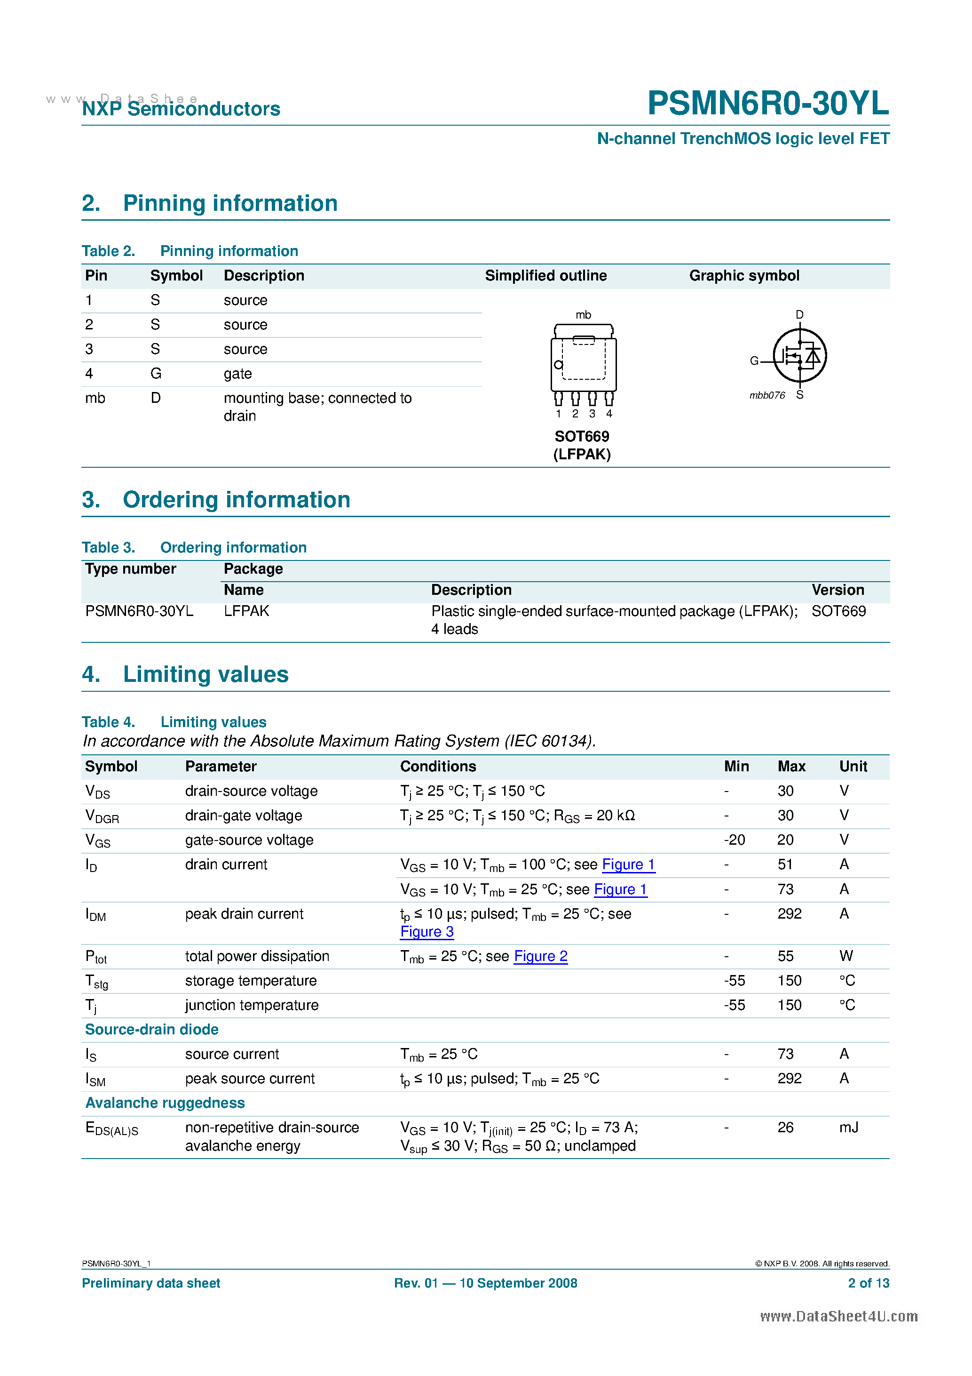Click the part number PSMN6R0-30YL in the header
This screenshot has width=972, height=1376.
pos(768,103)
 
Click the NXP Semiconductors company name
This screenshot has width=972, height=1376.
pos(181,109)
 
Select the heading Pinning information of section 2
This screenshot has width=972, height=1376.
pos(230,203)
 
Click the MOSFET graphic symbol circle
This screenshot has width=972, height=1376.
pos(799,355)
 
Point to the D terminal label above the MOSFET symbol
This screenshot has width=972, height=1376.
pos(799,315)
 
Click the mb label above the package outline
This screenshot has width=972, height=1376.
pos(583,315)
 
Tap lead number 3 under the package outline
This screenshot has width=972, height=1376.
pos(592,414)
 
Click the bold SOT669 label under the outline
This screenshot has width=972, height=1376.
pos(582,436)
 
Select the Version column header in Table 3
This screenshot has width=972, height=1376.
pos(837,590)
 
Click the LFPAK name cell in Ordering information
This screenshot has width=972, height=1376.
pos(246,611)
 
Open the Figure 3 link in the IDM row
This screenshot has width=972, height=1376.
pos(427,932)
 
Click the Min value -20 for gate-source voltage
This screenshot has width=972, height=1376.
pos(734,840)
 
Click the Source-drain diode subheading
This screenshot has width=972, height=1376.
pos(151,1029)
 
